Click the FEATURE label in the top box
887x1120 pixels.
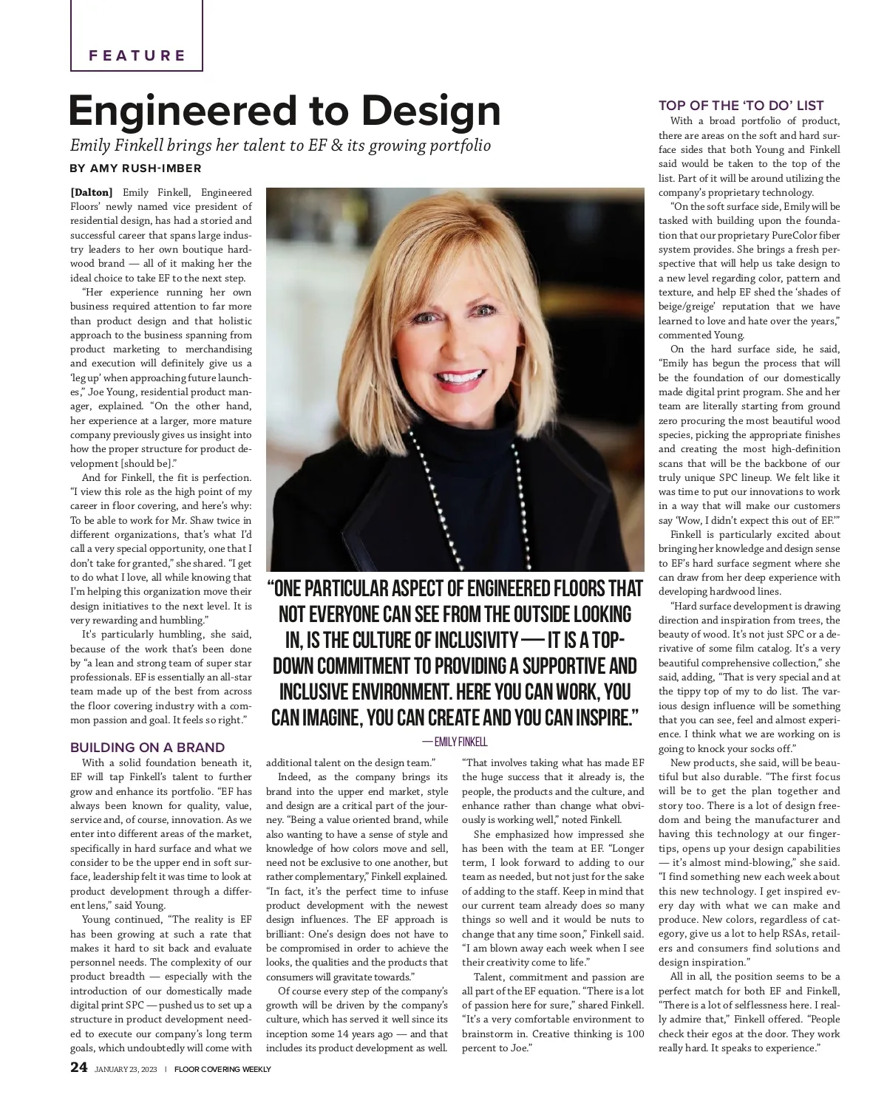[137, 55]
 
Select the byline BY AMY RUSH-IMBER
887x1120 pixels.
[135, 168]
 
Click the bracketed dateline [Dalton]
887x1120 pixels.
[92, 193]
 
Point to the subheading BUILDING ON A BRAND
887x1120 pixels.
[147, 748]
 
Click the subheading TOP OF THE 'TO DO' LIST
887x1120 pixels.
[741, 106]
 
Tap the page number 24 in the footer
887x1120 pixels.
[79, 1068]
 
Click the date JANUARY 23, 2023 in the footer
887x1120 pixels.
[127, 1069]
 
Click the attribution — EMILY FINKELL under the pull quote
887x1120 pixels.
[455, 741]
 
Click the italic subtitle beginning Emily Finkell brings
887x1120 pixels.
[280, 145]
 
